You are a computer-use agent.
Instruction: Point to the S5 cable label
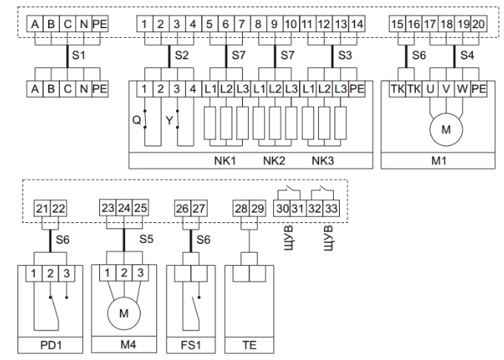[147, 239]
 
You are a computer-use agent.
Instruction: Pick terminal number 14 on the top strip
[357, 24]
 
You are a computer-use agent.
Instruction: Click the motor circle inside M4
[124, 313]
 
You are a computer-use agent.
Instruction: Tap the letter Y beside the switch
[169, 117]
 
